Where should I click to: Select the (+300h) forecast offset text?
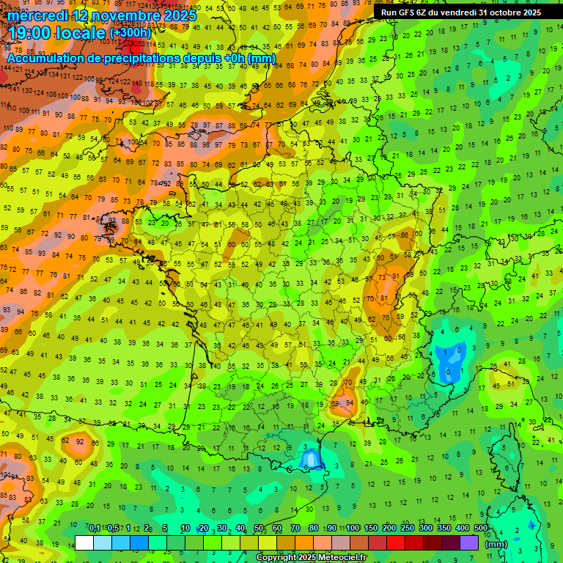point(130,33)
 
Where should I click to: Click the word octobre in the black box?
point(499,12)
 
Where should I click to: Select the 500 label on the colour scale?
point(481,529)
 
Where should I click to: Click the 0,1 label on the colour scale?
point(94,529)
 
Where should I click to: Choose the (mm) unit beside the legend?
point(496,544)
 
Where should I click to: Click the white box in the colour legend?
point(84,543)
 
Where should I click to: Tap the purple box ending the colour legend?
point(469,543)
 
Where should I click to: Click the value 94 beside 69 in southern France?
point(350,404)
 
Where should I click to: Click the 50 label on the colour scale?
point(259,529)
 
